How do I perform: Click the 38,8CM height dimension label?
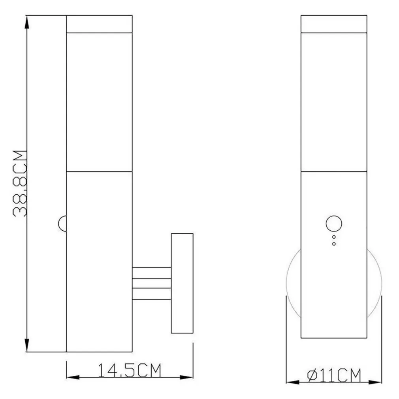pos(20,183)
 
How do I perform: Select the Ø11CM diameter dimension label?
pos(334,375)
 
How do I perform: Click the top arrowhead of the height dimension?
pos(27,22)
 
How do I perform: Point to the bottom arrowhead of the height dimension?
pos(27,345)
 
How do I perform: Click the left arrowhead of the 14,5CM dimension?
pos(73,377)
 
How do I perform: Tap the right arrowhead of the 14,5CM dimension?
pos(186,377)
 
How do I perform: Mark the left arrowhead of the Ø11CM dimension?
pos(293,382)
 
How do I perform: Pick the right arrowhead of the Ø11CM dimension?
pos(375,382)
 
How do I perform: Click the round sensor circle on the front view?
pos(334,224)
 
